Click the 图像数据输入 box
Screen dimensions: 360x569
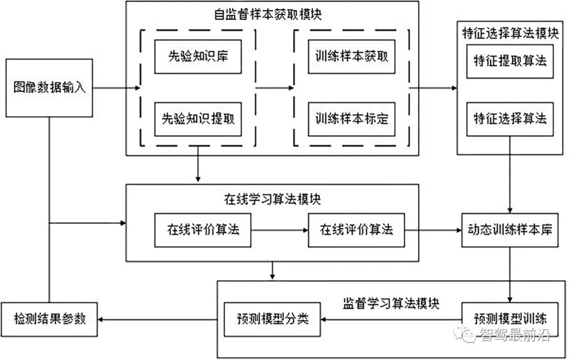pos(49,87)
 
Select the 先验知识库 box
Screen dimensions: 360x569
pos(198,56)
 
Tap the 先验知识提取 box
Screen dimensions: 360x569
pos(198,118)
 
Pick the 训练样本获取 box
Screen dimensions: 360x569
pos(351,56)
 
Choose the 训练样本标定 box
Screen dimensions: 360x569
pos(351,118)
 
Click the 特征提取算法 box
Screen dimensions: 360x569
pos(509,61)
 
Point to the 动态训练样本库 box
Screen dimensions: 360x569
pos(509,230)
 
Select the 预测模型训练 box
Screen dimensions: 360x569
pos(509,319)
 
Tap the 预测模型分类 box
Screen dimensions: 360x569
pos(272,319)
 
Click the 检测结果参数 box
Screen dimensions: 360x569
pos(49,319)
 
